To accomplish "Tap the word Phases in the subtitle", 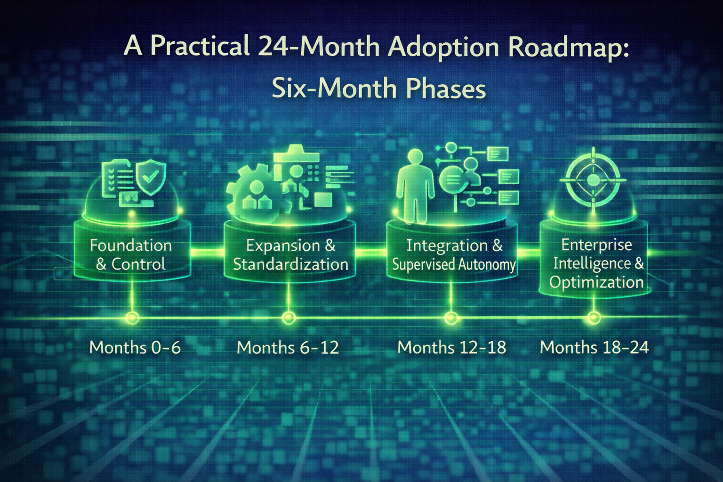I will [x=445, y=88].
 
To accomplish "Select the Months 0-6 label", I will [x=135, y=347].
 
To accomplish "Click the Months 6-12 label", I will [x=288, y=347].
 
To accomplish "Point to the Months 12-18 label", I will [x=451, y=347].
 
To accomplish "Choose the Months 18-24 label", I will [x=594, y=347].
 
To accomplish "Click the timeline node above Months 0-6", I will [x=133, y=318].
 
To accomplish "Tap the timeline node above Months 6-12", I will [x=289, y=318].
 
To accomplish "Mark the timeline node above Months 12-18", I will [x=451, y=318].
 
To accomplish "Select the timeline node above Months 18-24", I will [x=594, y=318].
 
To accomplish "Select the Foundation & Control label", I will [x=131, y=255].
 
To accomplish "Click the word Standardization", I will [x=290, y=264].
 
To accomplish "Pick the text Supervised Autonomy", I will [x=454, y=265].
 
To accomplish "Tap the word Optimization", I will [x=596, y=282].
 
